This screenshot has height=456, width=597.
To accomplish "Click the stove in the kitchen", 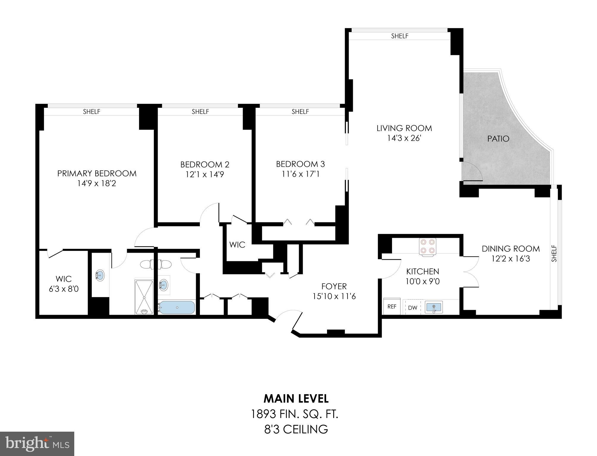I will (x=427, y=246).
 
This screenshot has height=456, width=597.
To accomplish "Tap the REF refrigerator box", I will (x=392, y=307).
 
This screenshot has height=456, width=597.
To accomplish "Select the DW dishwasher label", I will (x=412, y=308).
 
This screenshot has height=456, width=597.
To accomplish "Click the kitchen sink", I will (x=434, y=307).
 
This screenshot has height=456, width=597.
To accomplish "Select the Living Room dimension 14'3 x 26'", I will (x=404, y=138).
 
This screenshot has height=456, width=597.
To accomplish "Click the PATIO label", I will (x=498, y=139).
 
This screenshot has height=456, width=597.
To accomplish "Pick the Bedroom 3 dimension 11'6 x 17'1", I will (x=301, y=174).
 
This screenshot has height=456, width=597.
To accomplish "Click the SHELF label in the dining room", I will (x=554, y=253).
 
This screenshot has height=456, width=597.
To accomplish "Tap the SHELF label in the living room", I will (x=399, y=36).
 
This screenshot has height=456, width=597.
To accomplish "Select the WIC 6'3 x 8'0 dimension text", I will (x=64, y=289).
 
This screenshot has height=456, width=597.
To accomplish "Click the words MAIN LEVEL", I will (x=296, y=399).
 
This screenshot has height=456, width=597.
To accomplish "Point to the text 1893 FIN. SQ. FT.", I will (x=295, y=414).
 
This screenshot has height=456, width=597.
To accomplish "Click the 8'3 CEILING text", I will (x=296, y=429).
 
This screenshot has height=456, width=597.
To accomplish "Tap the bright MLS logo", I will (x=37, y=444).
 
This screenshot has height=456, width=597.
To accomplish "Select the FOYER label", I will (x=334, y=286).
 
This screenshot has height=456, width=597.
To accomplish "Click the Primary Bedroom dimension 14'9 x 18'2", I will (x=97, y=183).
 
